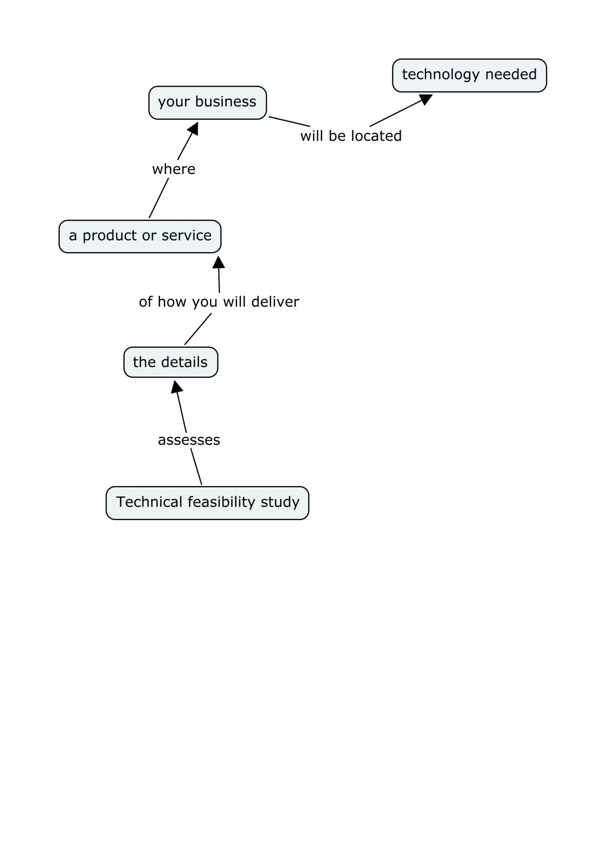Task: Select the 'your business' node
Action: (207, 102)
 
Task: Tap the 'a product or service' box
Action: (140, 236)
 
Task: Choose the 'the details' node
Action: (170, 362)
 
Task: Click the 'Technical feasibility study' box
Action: (207, 503)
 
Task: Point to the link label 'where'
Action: (174, 169)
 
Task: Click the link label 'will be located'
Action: (351, 136)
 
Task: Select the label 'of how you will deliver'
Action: (219, 302)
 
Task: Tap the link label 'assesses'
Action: (189, 440)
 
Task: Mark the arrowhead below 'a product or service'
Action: (219, 262)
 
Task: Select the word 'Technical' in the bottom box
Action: (149, 502)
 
